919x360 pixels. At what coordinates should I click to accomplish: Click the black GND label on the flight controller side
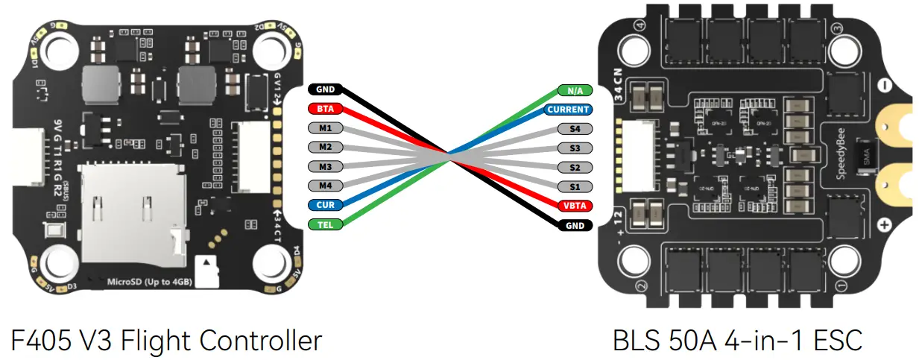(x=325, y=89)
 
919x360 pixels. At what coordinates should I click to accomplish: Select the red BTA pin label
(x=325, y=109)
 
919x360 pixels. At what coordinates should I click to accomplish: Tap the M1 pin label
(x=325, y=127)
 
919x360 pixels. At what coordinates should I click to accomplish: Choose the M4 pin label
(x=325, y=185)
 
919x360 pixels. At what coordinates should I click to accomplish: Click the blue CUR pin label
(x=325, y=204)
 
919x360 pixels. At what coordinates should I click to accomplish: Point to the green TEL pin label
(x=325, y=224)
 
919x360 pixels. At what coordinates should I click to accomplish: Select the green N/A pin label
(x=575, y=90)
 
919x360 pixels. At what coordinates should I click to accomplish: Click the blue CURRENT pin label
(x=568, y=110)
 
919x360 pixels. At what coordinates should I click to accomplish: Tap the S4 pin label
(x=575, y=129)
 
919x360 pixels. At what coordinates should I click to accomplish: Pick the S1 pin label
(x=575, y=186)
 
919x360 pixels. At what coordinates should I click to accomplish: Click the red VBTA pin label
(x=575, y=205)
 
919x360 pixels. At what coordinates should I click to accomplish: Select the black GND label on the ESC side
(x=575, y=224)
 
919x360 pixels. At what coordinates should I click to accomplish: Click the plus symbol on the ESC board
(x=885, y=224)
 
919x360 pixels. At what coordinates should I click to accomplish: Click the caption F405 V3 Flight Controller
(x=166, y=340)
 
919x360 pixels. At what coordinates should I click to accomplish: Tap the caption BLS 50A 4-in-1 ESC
(x=737, y=340)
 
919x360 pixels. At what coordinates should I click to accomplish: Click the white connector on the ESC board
(x=635, y=157)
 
